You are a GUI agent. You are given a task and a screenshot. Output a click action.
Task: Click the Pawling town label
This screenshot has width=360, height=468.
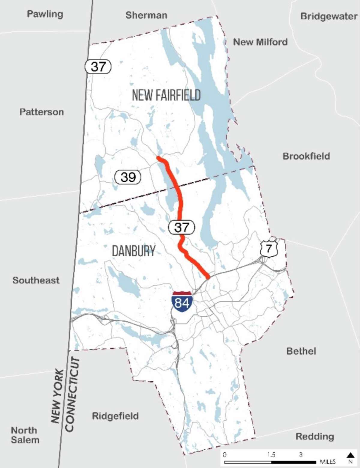click(45, 14)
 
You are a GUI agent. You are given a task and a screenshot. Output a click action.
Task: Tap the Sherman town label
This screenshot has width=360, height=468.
click(146, 15)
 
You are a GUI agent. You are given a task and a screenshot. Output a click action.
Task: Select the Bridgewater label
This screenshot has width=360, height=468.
click(329, 16)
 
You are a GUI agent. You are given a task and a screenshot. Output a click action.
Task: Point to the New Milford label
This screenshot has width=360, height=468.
click(260, 42)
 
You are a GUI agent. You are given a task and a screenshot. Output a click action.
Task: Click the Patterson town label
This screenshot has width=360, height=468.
click(42, 112)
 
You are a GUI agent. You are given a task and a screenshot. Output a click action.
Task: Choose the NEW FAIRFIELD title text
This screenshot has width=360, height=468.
click(166, 95)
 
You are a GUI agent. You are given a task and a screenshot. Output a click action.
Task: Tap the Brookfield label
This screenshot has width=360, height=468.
click(306, 156)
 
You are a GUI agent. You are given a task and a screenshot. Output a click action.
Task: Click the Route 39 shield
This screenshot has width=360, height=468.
click(128, 177)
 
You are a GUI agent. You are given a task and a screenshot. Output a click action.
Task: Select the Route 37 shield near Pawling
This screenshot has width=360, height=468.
click(98, 66)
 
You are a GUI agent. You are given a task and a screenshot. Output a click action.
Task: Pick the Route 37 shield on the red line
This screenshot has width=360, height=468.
click(181, 228)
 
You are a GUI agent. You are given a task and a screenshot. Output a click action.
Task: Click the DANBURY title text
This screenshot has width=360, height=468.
click(134, 251)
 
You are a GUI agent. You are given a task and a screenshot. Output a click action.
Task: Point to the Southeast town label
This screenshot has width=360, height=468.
click(36, 280)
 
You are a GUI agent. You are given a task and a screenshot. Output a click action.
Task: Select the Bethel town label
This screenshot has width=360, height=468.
click(301, 351)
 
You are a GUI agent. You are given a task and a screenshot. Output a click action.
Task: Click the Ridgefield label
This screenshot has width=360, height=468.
click(115, 416)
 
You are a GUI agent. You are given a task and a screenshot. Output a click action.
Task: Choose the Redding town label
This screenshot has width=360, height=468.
click(315, 437)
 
